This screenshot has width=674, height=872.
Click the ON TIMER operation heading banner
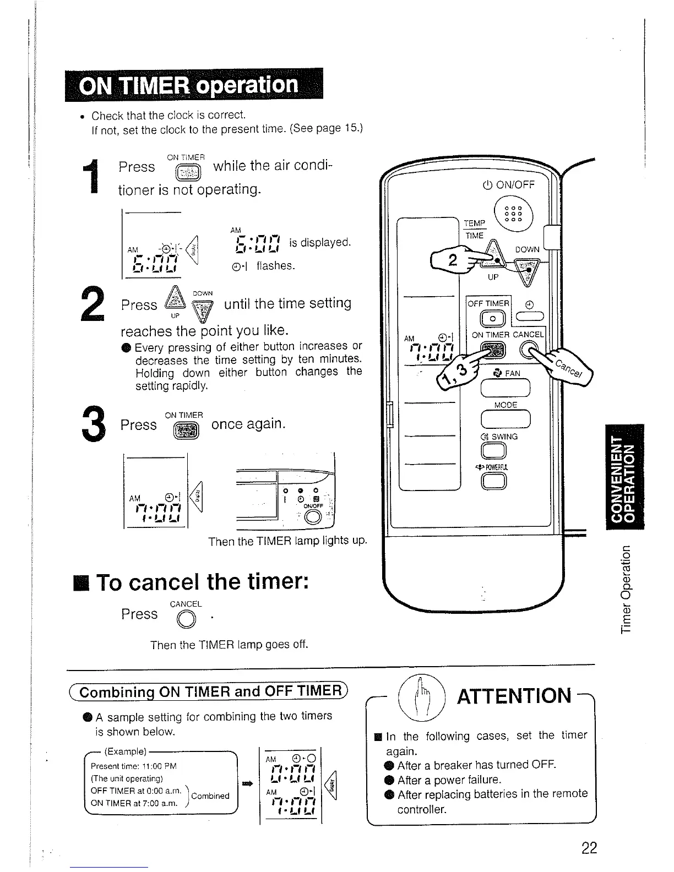pyautogui.click(x=193, y=85)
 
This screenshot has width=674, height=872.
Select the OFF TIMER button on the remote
pyautogui.click(x=489, y=320)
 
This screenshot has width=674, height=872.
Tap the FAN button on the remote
pyautogui.click(x=505, y=389)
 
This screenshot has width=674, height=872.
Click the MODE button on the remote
pyautogui.click(x=505, y=419)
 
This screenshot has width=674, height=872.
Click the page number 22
pyautogui.click(x=589, y=848)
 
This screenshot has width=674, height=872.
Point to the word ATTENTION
pyautogui.click(x=514, y=695)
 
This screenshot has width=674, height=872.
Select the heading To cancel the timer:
pyautogui.click(x=201, y=582)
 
